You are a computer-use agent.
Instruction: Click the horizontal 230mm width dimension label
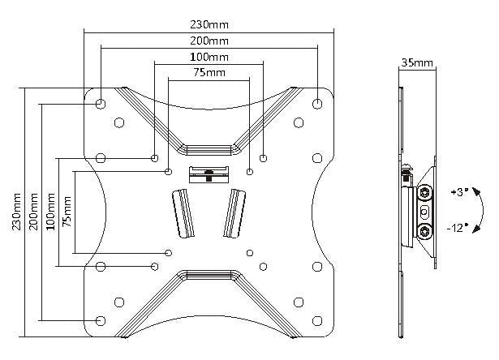[x=208, y=24]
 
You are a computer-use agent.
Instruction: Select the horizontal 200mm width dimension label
[x=208, y=41]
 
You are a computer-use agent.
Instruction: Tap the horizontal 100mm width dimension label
[x=208, y=57]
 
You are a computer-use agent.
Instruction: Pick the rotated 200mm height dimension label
[x=33, y=212]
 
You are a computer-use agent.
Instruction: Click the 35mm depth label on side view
[x=415, y=62]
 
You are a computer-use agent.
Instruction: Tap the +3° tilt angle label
[x=458, y=193]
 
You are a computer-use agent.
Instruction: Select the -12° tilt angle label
[x=457, y=229]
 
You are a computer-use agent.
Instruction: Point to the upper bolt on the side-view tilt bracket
[x=424, y=193]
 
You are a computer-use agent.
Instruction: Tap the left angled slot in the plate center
[x=183, y=213]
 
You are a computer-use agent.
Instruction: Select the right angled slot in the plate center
[x=234, y=213]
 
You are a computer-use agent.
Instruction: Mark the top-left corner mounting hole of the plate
[x=101, y=104]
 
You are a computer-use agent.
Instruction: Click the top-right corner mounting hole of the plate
[x=316, y=104]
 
